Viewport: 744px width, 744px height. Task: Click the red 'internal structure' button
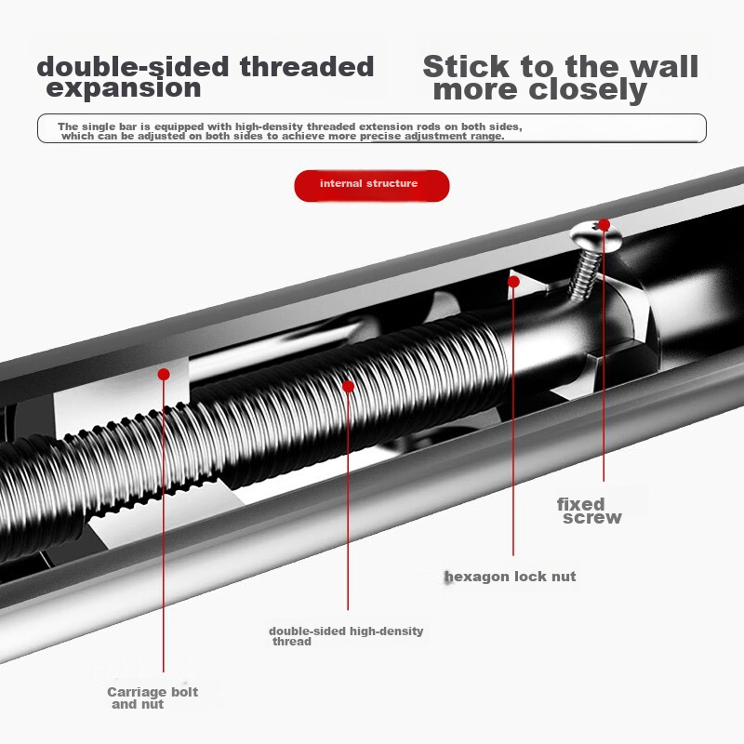(371, 184)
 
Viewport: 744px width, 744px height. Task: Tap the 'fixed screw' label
(589, 511)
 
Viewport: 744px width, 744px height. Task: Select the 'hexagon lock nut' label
(511, 577)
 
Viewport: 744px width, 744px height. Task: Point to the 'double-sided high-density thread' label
(345, 636)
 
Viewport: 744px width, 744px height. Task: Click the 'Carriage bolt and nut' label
(152, 697)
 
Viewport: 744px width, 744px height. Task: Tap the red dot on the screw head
(604, 224)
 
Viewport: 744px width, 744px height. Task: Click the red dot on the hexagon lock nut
(513, 280)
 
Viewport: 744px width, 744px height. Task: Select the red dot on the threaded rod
(348, 386)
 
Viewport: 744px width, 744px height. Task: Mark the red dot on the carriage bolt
(164, 374)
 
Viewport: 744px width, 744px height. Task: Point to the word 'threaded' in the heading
(306, 67)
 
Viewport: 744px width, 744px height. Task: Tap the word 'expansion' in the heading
(124, 89)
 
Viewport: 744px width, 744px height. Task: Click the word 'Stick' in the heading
(466, 67)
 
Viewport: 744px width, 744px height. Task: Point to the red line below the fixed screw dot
(604, 353)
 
